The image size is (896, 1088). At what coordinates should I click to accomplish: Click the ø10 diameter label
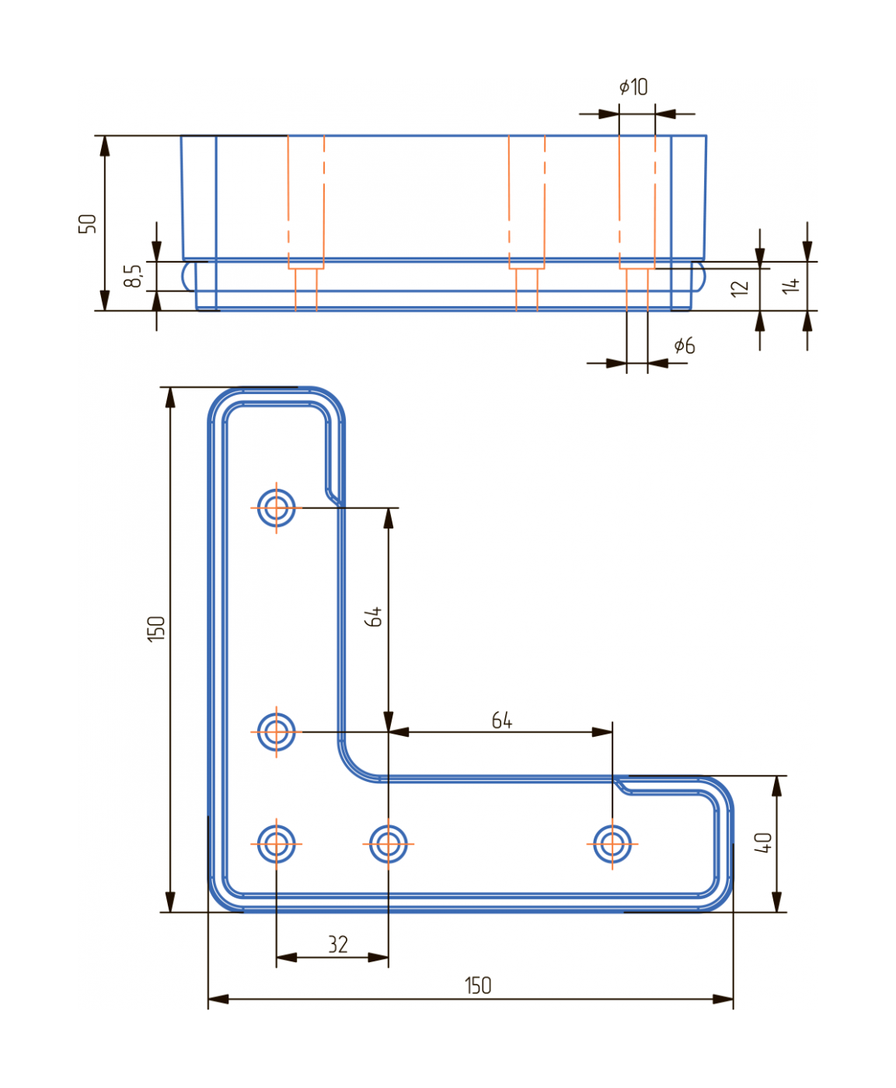[633, 87]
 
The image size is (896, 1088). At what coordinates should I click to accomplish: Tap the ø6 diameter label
[684, 346]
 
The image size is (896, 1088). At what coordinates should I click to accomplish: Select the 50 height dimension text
[87, 224]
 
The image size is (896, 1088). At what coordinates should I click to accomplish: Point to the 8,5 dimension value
[134, 276]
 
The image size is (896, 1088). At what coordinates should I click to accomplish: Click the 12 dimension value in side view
[739, 288]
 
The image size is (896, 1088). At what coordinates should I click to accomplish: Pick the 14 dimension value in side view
[790, 286]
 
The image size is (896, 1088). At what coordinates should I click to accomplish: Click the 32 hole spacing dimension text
[337, 945]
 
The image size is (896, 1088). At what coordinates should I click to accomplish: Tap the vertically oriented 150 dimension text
[156, 628]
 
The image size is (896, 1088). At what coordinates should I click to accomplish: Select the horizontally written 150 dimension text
[478, 986]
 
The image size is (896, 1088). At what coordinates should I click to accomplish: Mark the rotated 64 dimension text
[373, 617]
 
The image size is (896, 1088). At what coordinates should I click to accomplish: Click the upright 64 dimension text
[502, 721]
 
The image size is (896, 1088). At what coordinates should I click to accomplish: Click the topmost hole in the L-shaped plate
[276, 508]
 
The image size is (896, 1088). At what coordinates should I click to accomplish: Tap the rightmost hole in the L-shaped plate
[612, 843]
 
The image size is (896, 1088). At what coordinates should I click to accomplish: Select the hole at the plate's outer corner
[276, 843]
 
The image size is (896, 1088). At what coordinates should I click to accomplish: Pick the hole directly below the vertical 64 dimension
[388, 843]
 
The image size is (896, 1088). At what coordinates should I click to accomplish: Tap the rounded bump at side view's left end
[187, 276]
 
